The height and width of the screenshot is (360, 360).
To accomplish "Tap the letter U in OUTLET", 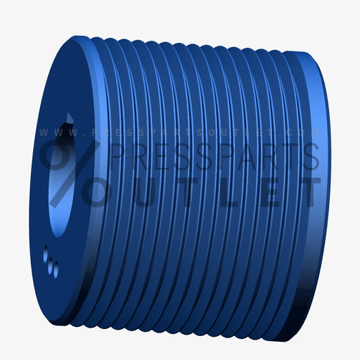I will [x=146, y=191].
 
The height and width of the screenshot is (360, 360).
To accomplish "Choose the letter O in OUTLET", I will [x=102, y=191].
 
